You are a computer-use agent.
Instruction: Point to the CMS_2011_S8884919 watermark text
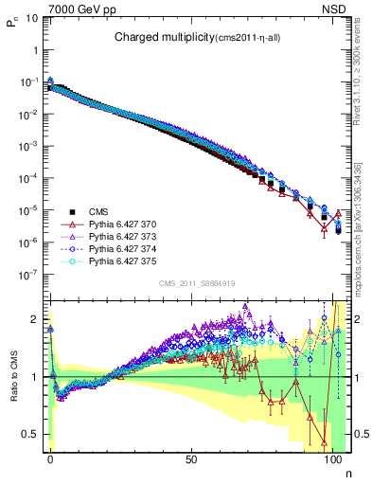(x=196, y=282)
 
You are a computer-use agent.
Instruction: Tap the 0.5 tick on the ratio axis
(x=32, y=434)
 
